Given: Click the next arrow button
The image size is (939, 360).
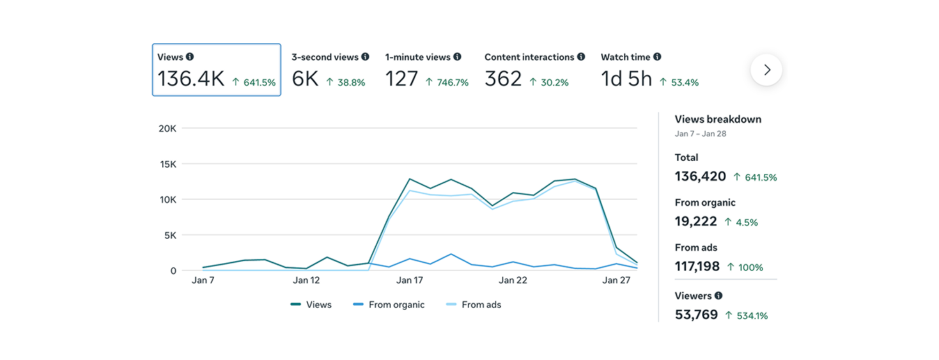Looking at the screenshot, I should (766, 70).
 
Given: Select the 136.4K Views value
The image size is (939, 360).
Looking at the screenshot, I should (191, 79).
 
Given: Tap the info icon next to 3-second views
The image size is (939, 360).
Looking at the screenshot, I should (366, 57).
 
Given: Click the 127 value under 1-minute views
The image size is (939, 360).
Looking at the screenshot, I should (401, 79).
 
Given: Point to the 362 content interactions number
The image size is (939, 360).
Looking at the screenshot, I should (503, 79).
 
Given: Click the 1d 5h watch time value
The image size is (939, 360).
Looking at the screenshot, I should (626, 79).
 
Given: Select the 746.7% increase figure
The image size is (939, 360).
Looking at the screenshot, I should (451, 82).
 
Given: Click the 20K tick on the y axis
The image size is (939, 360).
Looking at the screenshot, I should (167, 129).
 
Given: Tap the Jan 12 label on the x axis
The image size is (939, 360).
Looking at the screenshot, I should (306, 281).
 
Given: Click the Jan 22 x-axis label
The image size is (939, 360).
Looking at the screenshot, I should (513, 281).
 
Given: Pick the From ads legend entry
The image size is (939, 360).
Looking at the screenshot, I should (474, 305).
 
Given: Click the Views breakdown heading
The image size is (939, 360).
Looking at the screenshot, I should (717, 119).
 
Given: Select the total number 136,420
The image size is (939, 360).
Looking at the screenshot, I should (700, 177).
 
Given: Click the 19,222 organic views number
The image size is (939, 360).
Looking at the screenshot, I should (695, 221).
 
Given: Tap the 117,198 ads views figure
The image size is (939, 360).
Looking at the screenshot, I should (697, 267).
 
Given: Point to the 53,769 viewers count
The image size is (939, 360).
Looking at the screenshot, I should (696, 315).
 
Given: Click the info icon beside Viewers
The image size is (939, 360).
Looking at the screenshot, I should (718, 296).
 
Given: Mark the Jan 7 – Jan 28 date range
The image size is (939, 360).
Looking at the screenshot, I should (700, 134).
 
